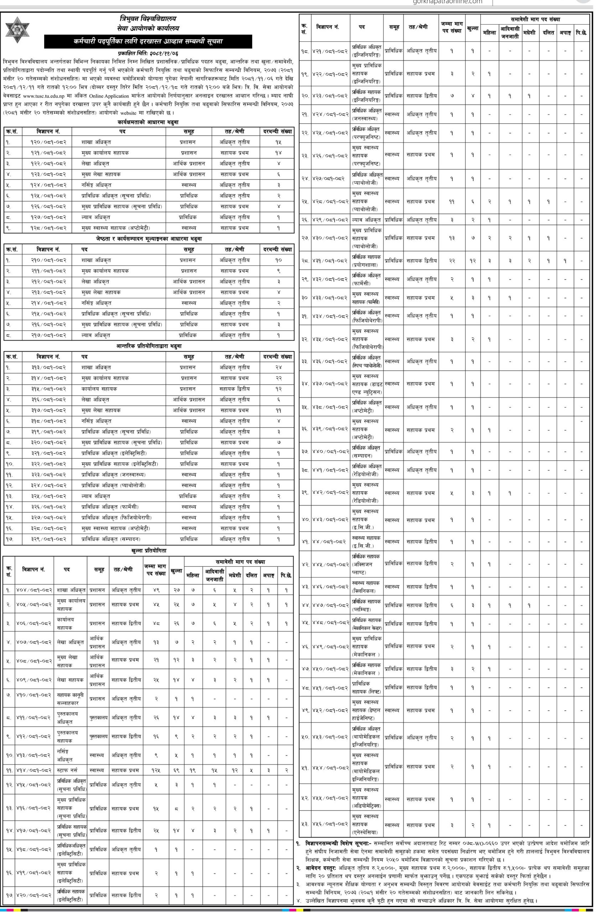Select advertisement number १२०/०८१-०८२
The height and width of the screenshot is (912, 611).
[x=48, y=142]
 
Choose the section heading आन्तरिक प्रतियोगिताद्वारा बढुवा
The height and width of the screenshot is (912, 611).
[x=149, y=346]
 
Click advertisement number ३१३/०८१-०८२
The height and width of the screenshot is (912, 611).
[x=48, y=367]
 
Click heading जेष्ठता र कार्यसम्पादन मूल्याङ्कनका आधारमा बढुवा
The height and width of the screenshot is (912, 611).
[x=149, y=238]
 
